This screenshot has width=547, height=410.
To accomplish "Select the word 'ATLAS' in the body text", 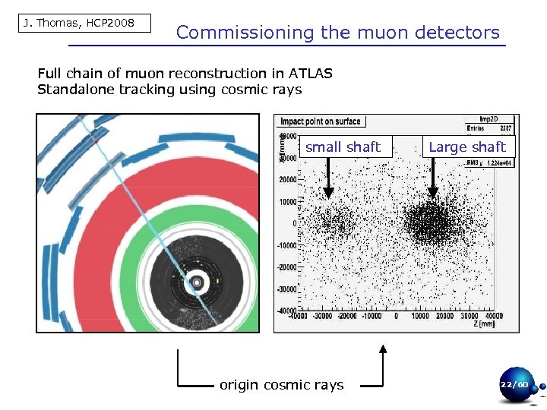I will pyautogui.click(x=310, y=74).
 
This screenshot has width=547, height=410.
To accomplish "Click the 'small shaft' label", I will pyautogui.click(x=343, y=147).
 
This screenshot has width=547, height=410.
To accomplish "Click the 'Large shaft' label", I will pyautogui.click(x=467, y=147).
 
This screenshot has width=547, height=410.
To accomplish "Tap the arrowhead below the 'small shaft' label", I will pyautogui.click(x=328, y=194).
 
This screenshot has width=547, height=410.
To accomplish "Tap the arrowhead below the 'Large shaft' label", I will pyautogui.click(x=432, y=194).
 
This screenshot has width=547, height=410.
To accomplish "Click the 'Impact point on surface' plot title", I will pyautogui.click(x=321, y=121).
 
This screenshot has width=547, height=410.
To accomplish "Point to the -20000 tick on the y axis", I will pyautogui.click(x=286, y=267).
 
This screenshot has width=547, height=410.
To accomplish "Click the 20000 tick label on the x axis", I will pyautogui.click(x=445, y=315).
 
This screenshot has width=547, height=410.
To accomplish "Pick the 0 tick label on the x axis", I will pyautogui.click(x=396, y=315).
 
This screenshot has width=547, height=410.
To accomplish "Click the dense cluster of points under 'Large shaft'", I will pyautogui.click(x=433, y=223).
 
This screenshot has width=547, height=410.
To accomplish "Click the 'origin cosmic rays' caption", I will pyautogui.click(x=281, y=385).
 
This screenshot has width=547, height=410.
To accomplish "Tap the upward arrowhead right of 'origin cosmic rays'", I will pyautogui.click(x=383, y=351).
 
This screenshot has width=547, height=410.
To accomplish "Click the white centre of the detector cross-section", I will pyautogui.click(x=197, y=282).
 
